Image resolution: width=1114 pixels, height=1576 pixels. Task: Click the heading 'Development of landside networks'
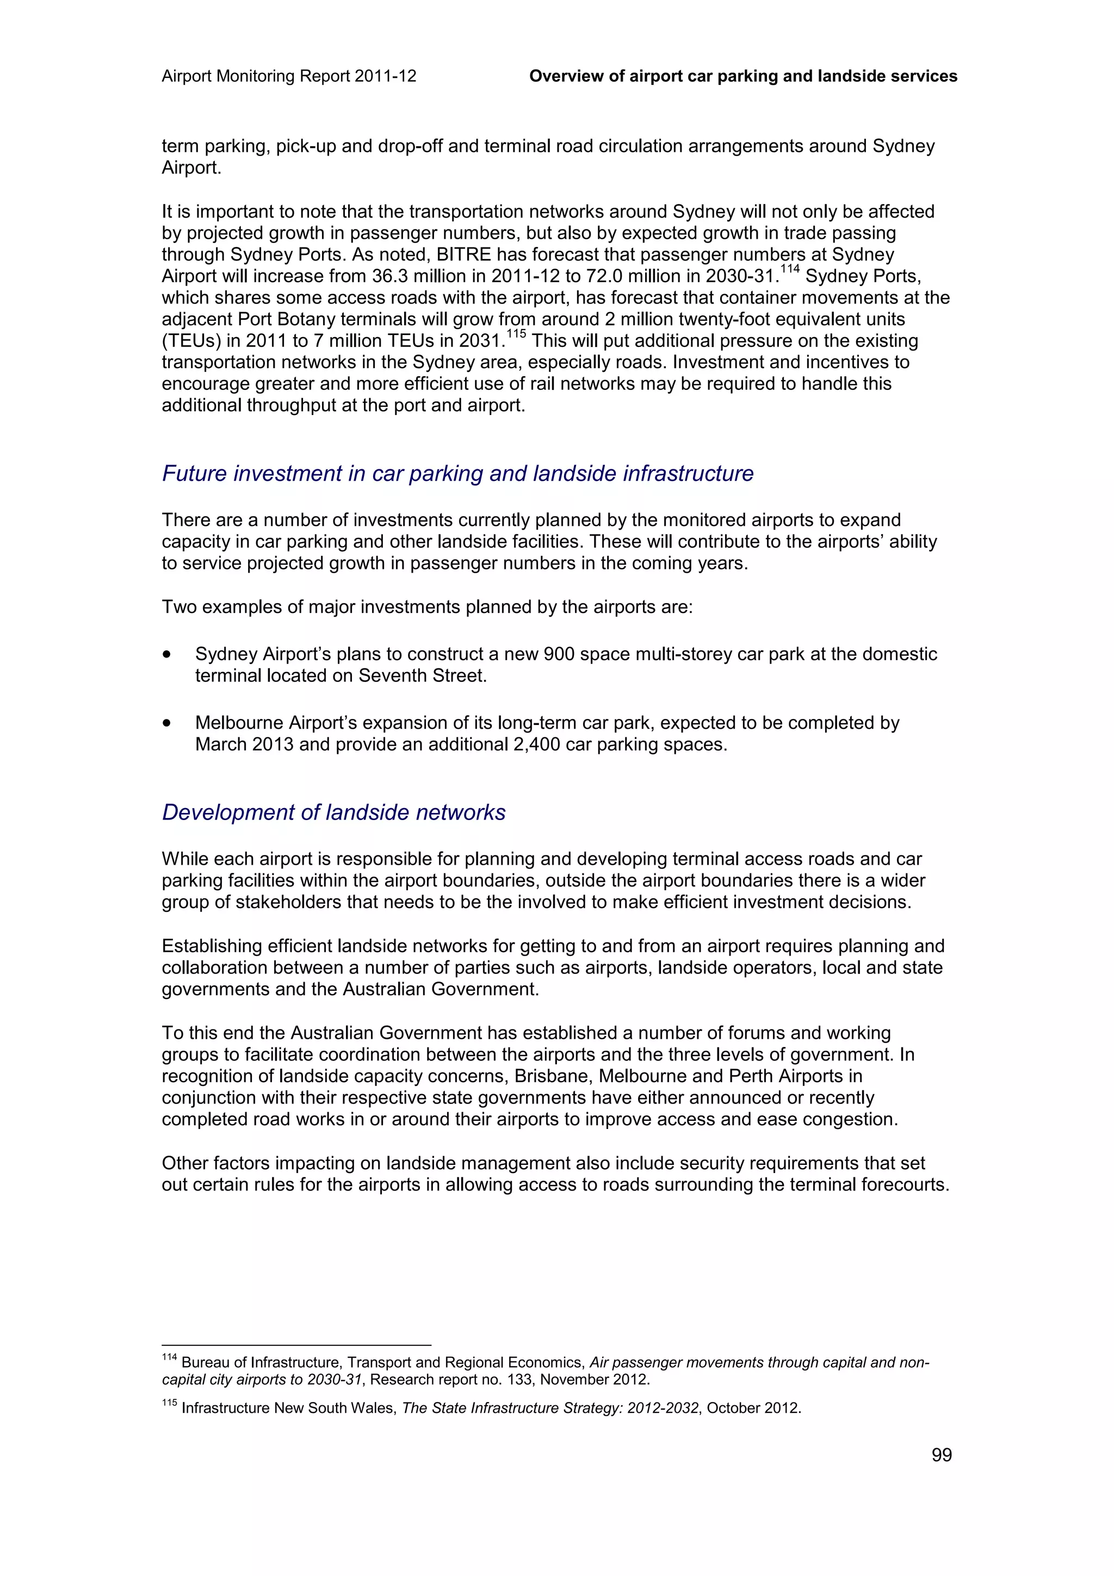tap(333, 812)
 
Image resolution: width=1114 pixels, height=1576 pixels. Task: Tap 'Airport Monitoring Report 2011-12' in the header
tap(289, 76)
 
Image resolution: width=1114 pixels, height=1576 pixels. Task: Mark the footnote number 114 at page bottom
tap(169, 1358)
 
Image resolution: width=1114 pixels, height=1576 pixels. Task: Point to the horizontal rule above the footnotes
tap(296, 1345)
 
